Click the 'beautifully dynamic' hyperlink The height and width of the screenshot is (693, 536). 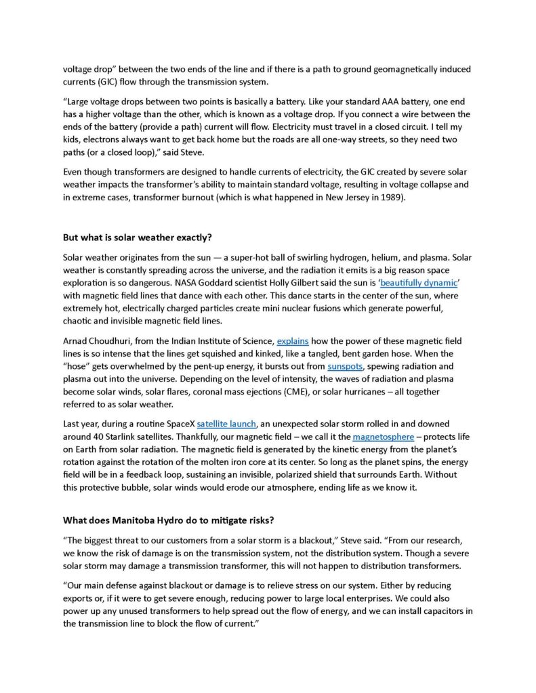tap(419, 284)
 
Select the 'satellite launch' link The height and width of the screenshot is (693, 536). tap(226, 424)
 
